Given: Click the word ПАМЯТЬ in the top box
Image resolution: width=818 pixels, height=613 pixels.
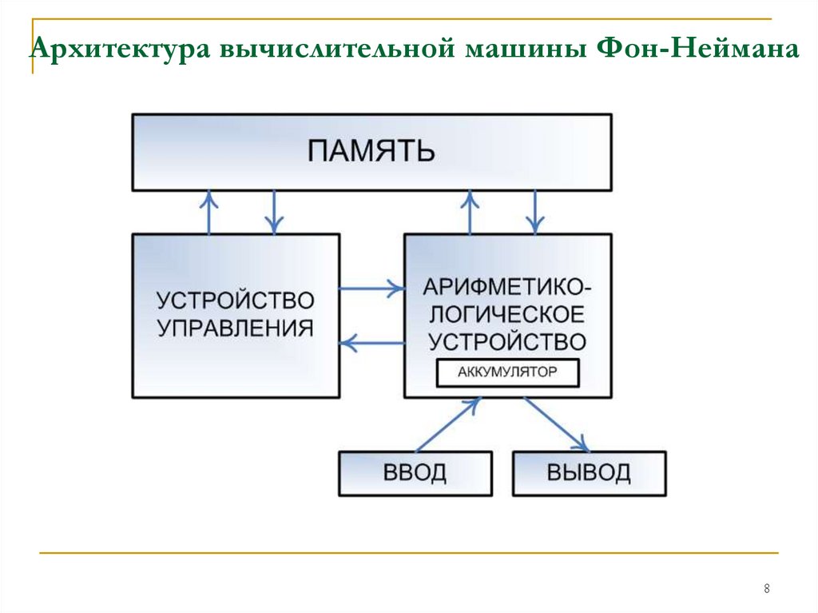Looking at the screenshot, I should [371, 151].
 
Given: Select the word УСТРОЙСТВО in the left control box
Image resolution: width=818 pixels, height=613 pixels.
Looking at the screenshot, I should [236, 301].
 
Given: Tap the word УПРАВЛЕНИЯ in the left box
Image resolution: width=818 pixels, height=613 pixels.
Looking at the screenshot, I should [236, 328].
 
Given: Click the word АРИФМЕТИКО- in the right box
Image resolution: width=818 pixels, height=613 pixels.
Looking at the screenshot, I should [507, 287].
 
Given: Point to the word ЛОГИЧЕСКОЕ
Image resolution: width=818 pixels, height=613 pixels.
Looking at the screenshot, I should [507, 314].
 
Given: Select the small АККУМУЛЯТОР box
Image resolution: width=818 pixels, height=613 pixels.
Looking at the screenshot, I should [507, 372].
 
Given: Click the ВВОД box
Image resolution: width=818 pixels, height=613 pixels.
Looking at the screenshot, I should [415, 473].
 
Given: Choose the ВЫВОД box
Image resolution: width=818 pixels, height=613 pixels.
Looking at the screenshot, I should [589, 473].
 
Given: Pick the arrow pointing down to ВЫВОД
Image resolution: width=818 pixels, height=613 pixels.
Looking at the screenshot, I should [557, 424].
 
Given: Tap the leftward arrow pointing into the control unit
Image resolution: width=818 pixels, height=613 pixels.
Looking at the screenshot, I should [371, 343].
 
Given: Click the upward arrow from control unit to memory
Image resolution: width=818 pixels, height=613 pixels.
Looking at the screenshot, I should [209, 213].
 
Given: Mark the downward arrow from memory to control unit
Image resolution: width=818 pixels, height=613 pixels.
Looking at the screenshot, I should [274, 213].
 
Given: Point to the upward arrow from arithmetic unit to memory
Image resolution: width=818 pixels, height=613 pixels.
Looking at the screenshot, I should [470, 213].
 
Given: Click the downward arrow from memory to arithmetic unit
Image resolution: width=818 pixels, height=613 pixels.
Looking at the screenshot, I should [534, 213].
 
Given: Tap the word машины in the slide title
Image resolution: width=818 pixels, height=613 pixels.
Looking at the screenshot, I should [528, 50].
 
